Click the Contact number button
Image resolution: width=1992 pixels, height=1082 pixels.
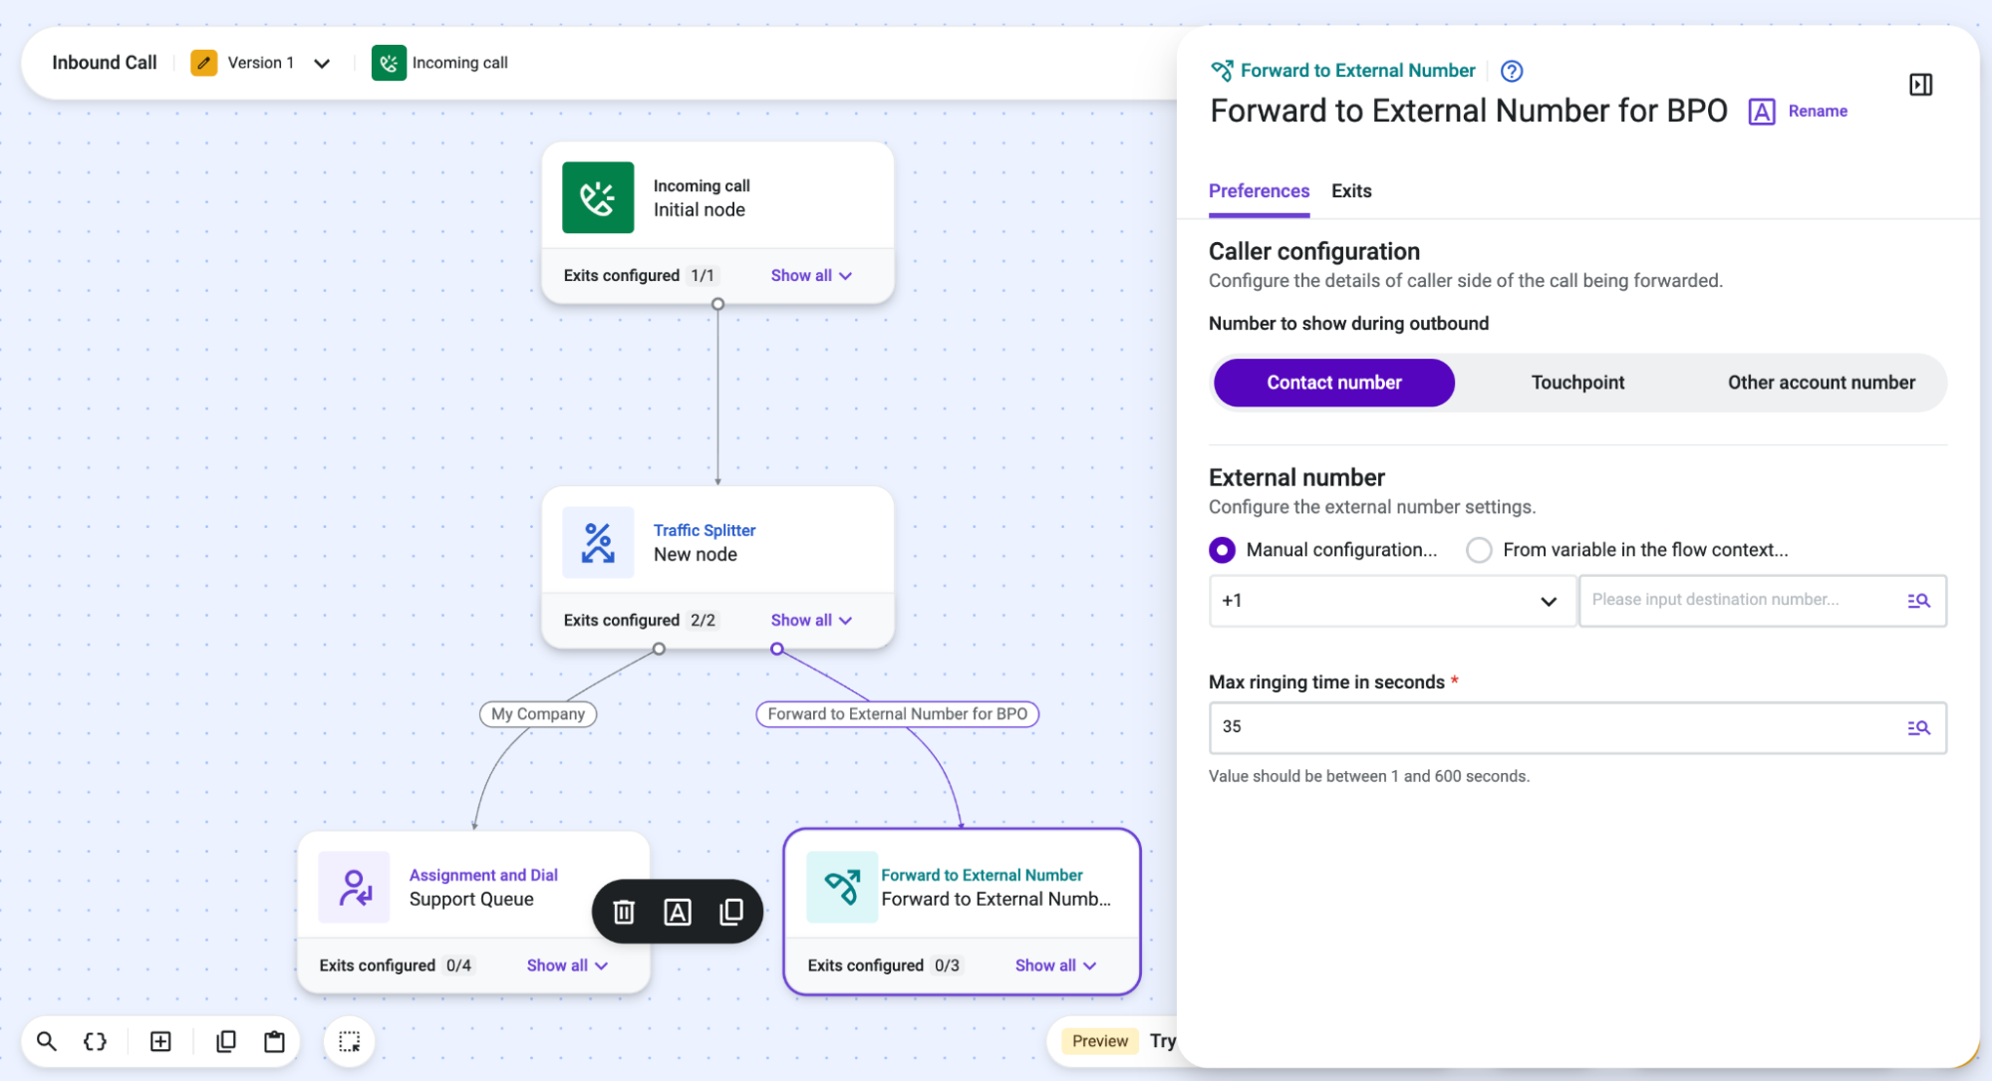coord(1333,383)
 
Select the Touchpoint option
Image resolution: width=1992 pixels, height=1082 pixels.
coord(1577,383)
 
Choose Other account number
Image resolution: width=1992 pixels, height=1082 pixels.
coord(1821,383)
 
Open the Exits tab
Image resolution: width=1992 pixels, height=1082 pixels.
coord(1351,190)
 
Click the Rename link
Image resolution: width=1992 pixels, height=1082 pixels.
coord(1818,112)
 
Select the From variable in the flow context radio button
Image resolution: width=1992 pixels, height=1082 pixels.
coord(1479,550)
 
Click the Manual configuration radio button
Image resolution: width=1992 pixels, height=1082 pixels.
coord(1222,550)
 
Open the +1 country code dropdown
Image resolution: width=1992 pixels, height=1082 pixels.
coord(1392,601)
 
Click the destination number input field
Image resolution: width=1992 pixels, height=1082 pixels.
coord(1762,601)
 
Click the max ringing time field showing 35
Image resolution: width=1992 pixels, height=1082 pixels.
coord(1577,727)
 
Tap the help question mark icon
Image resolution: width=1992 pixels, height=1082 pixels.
coord(1512,71)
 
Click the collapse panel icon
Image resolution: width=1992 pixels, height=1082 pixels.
coord(1920,85)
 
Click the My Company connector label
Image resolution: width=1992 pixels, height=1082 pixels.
coord(538,713)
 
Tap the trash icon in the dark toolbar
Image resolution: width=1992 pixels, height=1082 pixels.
coord(624,912)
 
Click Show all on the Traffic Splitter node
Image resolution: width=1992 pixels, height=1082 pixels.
coord(811,620)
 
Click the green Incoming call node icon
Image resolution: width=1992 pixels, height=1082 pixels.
coord(598,197)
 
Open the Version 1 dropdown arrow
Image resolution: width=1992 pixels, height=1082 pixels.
coord(322,64)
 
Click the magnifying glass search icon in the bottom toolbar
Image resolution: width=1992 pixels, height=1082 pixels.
coord(47,1041)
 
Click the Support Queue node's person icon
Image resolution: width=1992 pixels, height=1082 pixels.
coord(354,887)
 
